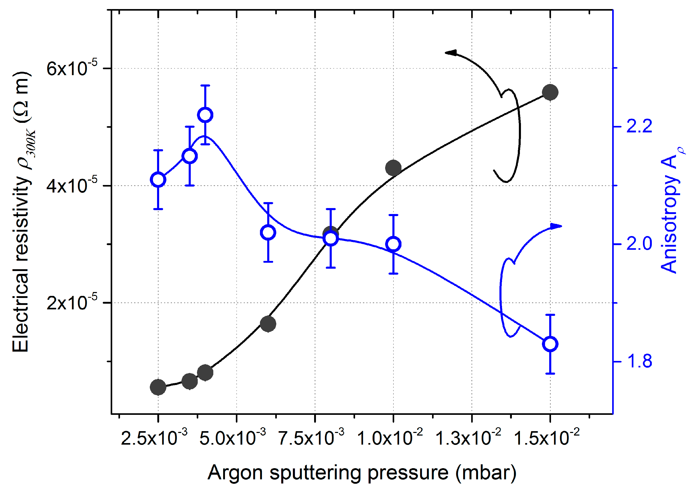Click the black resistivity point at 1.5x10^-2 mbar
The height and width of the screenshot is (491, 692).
(550, 92)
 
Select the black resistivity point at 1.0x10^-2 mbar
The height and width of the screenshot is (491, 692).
(393, 168)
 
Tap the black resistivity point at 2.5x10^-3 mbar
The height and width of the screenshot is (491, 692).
(158, 387)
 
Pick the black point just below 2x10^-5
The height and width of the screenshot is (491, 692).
(268, 324)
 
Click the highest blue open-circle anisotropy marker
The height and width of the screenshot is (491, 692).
(205, 115)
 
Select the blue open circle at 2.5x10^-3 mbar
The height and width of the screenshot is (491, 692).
(158, 180)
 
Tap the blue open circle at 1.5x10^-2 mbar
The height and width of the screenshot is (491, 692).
(550, 344)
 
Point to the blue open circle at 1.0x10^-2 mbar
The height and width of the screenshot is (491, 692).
(393, 244)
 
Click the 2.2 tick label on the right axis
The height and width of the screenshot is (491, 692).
(639, 126)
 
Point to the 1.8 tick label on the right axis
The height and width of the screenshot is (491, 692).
(639, 361)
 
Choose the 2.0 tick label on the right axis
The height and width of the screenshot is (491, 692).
(639, 244)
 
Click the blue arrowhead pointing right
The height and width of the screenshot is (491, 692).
(556, 226)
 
